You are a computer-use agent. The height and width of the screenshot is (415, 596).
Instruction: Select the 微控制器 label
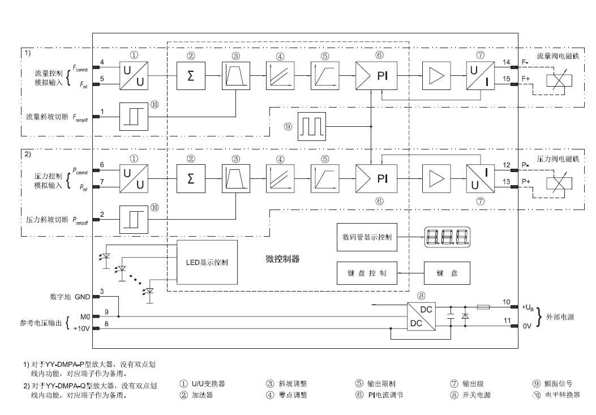click(x=282, y=259)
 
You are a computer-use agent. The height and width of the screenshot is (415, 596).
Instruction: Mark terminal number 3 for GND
click(x=102, y=291)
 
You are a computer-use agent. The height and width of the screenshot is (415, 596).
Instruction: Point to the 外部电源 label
click(x=560, y=317)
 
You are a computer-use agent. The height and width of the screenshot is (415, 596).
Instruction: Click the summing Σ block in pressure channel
click(x=191, y=177)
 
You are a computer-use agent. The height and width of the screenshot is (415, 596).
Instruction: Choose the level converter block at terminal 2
click(x=134, y=218)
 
